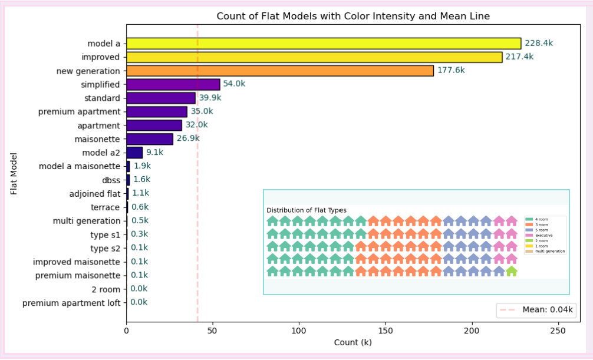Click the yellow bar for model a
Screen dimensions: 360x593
[x=324, y=44]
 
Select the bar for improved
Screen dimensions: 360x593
[x=314, y=57]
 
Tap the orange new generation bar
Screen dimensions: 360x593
[x=280, y=71]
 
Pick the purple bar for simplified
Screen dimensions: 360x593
[x=173, y=84]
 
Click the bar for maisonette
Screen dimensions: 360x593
[x=150, y=139]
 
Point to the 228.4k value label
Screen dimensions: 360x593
[x=539, y=43]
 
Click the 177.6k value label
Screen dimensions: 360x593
[x=451, y=70]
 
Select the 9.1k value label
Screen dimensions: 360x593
[x=154, y=152]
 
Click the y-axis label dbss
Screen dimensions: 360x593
[x=111, y=180]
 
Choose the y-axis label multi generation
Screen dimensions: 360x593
[x=86, y=221]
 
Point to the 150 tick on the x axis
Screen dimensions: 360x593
[x=386, y=332]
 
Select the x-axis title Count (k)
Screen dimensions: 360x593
[x=353, y=342]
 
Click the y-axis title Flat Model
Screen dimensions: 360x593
[x=14, y=173]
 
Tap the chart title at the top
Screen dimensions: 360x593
[x=353, y=16]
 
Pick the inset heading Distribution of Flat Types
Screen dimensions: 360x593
[x=307, y=210]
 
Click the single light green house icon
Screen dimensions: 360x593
[x=511, y=271]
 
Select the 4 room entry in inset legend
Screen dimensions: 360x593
[x=541, y=219]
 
